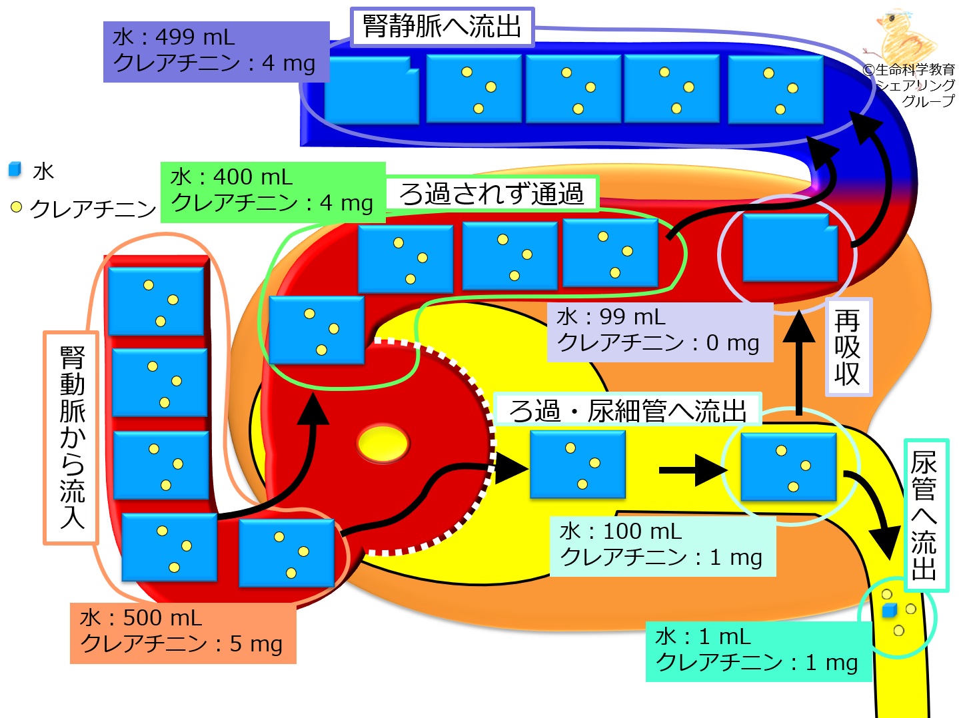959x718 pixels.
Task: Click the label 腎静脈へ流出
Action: tap(442, 27)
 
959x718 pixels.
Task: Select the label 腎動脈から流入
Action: tap(71, 438)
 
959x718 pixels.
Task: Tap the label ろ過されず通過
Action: tap(491, 194)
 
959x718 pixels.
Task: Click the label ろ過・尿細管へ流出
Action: tap(627, 410)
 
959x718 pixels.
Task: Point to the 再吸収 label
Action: tap(848, 347)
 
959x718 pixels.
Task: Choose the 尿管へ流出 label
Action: tap(925, 515)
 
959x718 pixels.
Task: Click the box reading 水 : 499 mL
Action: tap(216, 51)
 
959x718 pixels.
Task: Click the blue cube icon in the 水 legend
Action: tap(15, 170)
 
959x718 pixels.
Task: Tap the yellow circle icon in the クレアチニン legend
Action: tap(17, 207)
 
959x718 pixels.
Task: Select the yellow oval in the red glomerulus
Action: tap(383, 444)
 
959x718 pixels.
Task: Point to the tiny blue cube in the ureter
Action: tap(889, 611)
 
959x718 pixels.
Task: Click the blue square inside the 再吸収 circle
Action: tap(790, 248)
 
